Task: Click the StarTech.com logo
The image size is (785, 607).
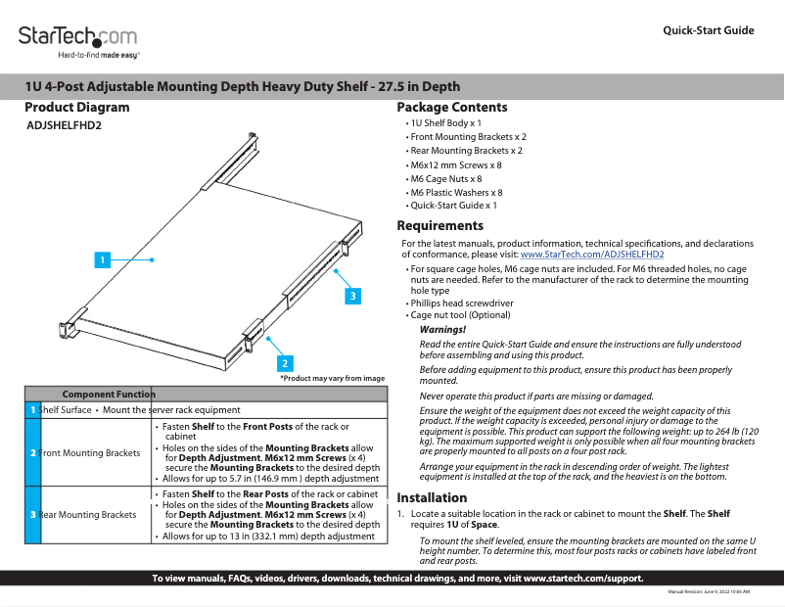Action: (77, 41)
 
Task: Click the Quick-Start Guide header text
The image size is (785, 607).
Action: (708, 30)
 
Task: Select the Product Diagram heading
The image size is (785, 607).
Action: (76, 108)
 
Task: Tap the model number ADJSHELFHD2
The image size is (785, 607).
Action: (64, 126)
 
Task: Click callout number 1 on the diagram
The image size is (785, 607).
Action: (101, 259)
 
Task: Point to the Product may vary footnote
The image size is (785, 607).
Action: (332, 378)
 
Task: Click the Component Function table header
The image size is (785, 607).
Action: (109, 393)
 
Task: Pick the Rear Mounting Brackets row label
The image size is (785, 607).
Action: (86, 515)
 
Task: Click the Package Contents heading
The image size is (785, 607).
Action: (451, 108)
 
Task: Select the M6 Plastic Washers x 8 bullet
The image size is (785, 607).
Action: (456, 193)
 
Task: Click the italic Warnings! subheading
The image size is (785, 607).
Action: (442, 330)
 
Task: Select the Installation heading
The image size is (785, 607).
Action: (432, 497)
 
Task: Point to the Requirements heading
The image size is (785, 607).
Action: (439, 226)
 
